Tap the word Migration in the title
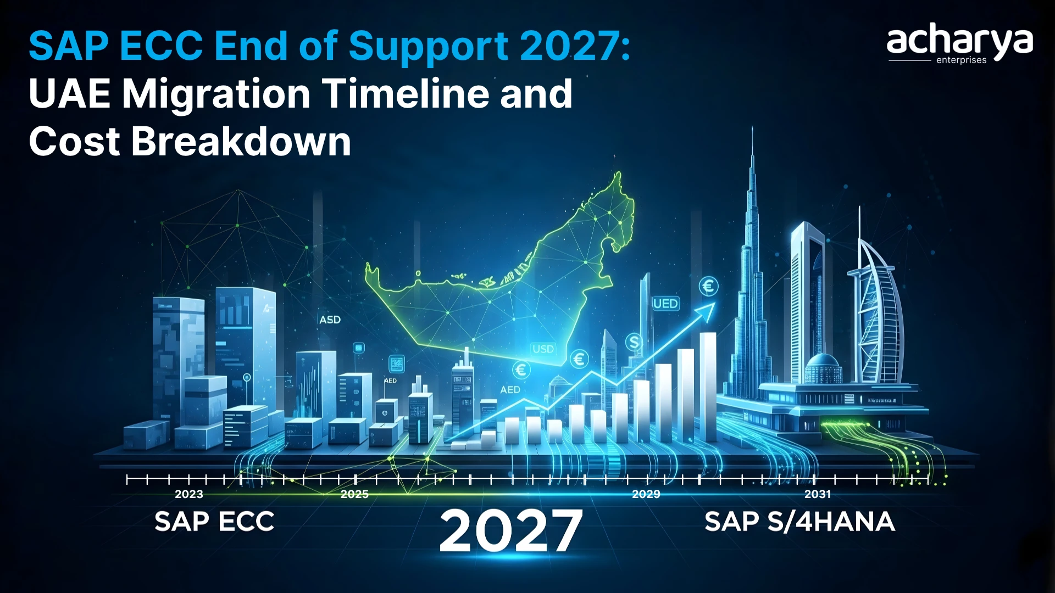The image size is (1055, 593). coord(216,94)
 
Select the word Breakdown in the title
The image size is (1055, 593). coord(241,142)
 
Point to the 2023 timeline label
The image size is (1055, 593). coord(188,494)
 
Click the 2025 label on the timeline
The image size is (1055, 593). coord(354,494)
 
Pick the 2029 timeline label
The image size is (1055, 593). coord(646,494)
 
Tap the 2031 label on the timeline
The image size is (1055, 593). coord(817,494)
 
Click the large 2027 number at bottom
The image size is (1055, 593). coord(510,530)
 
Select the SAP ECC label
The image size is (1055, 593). coord(214,522)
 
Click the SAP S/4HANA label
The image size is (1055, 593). coord(799,522)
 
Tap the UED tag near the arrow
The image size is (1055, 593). coord(665,304)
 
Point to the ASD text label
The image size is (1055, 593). coord(330,320)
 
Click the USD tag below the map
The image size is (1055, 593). coord(543,349)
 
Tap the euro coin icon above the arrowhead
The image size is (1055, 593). coord(708,286)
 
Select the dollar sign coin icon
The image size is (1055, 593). coord(634,343)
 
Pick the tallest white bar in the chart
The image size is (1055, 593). coord(708,384)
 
